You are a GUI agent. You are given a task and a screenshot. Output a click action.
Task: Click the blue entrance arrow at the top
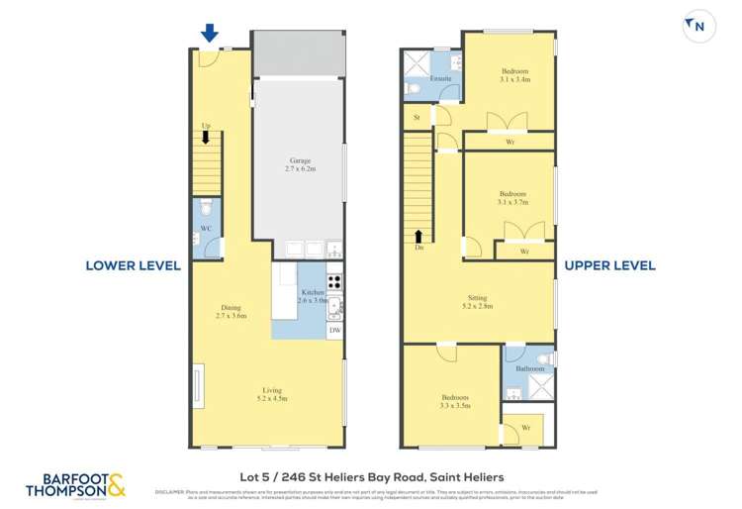pyautogui.click(x=210, y=33)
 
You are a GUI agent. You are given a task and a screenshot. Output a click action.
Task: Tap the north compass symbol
pyautogui.click(x=698, y=26)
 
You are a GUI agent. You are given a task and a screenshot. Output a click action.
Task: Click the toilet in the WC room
pyautogui.click(x=205, y=210)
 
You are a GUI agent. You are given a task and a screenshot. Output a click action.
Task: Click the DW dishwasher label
pyautogui.click(x=334, y=330)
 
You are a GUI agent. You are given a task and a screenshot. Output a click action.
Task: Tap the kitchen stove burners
pyautogui.click(x=334, y=280)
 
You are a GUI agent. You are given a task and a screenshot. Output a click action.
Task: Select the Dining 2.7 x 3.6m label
pyautogui.click(x=231, y=311)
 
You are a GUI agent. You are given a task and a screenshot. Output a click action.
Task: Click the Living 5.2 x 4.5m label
pyautogui.click(x=272, y=394)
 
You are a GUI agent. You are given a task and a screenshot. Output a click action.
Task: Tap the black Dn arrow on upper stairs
pyautogui.click(x=418, y=237)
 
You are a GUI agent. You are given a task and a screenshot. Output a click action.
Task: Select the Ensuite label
pyautogui.click(x=440, y=78)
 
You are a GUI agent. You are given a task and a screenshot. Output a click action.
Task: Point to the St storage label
pyautogui.click(x=417, y=118)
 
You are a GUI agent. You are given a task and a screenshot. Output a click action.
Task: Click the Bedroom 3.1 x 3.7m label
pyautogui.click(x=512, y=198)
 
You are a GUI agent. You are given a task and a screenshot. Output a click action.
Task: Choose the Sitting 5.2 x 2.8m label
pyautogui.click(x=480, y=302)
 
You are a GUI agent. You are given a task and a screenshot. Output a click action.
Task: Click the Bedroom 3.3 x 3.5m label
pyautogui.click(x=454, y=401)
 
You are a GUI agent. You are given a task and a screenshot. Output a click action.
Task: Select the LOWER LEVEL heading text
pyautogui.click(x=133, y=265)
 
